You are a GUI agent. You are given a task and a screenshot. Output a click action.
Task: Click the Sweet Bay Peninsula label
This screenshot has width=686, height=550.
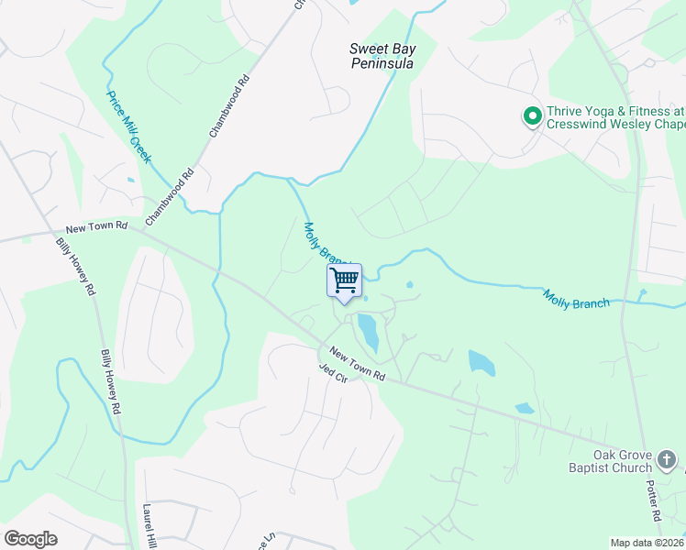click(382, 56)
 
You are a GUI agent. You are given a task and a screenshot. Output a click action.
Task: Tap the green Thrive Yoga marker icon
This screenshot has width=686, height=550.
click(531, 116)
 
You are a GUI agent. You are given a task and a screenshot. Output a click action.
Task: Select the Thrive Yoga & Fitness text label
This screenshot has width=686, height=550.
click(614, 117)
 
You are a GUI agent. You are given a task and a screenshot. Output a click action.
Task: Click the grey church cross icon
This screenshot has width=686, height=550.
click(669, 456)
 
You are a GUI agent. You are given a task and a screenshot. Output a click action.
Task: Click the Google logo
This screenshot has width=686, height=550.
click(30, 538)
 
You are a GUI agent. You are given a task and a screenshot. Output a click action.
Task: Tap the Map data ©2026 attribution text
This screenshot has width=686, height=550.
click(647, 543)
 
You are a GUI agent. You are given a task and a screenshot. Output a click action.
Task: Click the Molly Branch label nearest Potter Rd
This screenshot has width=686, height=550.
click(576, 298)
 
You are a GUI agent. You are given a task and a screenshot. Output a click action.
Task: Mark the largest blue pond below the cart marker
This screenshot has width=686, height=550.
click(368, 331)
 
